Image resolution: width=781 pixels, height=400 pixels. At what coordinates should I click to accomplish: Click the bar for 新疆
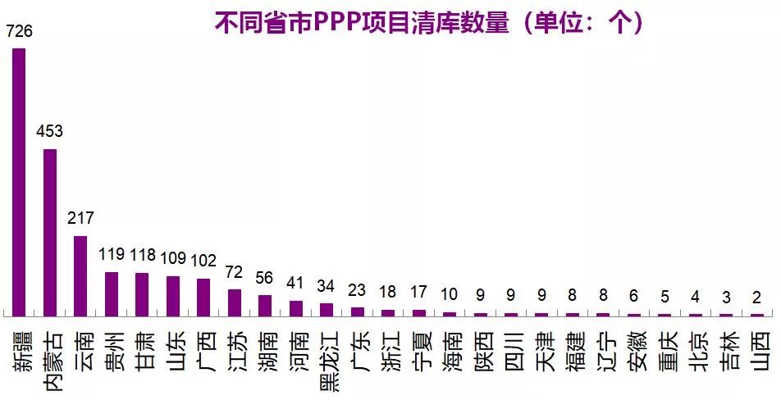[19, 182]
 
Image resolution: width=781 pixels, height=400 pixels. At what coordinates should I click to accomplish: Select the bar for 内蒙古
[50, 233]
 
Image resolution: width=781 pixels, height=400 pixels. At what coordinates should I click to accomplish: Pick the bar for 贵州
[112, 294]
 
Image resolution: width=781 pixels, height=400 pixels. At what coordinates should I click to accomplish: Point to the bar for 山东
[173, 296]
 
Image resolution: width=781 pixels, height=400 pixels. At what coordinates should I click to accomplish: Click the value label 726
[19, 32]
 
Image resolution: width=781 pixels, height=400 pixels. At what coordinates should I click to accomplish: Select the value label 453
[49, 132]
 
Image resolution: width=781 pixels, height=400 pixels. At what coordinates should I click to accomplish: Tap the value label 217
[80, 219]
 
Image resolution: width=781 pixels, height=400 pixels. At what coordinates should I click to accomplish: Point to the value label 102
[203, 261]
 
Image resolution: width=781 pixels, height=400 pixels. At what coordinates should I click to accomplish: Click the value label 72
[235, 271]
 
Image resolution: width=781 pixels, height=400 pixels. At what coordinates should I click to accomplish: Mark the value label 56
[265, 278]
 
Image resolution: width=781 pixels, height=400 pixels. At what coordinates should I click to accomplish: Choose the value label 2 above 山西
[756, 297]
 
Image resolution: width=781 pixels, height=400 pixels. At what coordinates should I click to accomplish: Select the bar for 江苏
[235, 302]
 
